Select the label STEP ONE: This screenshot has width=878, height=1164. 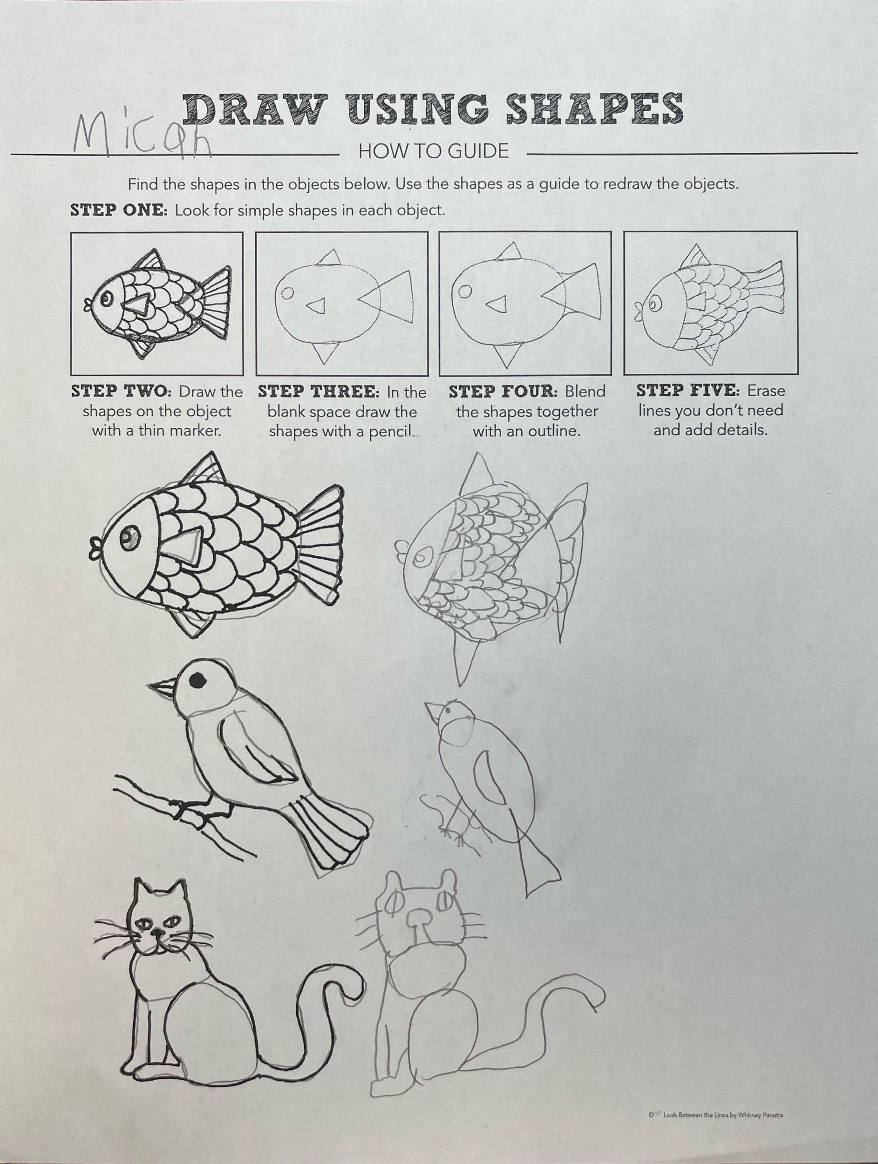(x=119, y=210)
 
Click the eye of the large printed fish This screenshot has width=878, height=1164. (x=129, y=538)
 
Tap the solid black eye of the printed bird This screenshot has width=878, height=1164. (x=197, y=680)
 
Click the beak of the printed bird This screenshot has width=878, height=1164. (x=161, y=687)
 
